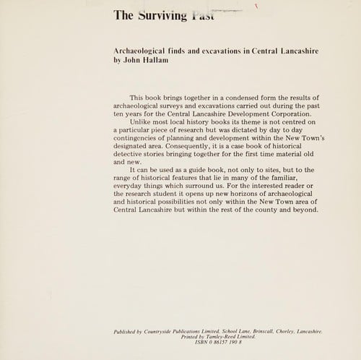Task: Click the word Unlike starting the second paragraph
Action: [x=142, y=123]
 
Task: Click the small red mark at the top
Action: [x=256, y=6]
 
